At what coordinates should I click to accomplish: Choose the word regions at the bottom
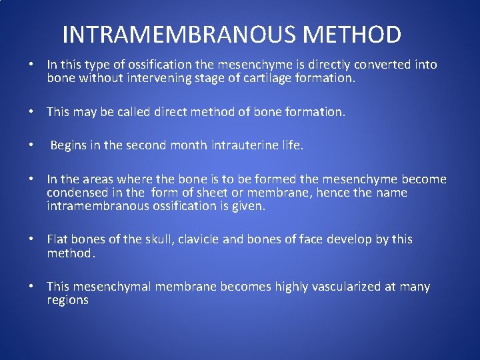click(x=67, y=300)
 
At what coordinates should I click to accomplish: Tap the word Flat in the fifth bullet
click(x=57, y=239)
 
